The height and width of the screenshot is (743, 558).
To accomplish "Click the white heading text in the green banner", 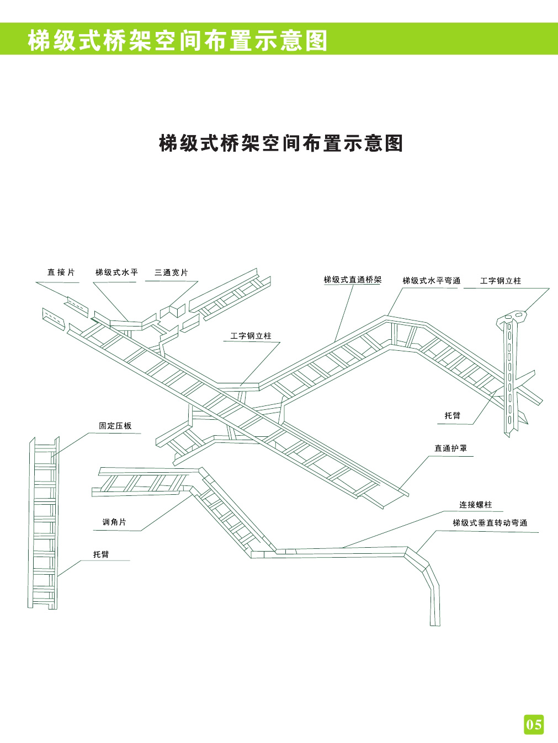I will pos(177,40).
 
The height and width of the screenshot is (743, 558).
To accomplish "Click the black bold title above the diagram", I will pos(281,143).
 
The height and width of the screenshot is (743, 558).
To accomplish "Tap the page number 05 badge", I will pos(534,723).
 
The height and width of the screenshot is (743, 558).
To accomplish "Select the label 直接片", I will pos(61,272).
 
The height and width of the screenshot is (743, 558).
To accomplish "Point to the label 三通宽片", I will pos(171,272).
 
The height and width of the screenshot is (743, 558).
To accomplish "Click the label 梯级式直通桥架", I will pos(352,280).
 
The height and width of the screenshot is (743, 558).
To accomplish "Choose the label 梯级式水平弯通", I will pos(431,280).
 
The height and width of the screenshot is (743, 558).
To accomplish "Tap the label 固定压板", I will pos(115,426).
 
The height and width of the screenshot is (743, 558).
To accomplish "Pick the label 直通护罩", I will pos(450,448).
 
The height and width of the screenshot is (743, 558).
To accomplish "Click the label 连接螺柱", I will pos(475,505).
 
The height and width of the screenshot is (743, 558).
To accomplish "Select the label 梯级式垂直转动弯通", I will pos(490,522).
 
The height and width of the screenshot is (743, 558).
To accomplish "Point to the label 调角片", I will pos(114,522).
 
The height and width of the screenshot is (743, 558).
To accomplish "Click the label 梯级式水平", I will pos(116,272).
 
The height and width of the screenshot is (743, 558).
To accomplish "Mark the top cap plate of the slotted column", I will pos(513,317).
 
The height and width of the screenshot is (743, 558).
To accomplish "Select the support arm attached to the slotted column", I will pos(524,381).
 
